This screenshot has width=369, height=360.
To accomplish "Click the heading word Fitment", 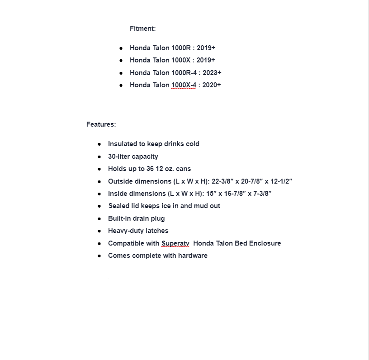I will [x=142, y=28].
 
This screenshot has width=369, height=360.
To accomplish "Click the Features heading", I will [x=101, y=124].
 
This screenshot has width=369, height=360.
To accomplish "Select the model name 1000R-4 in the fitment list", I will [x=184, y=72].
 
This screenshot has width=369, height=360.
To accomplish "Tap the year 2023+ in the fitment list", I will [x=212, y=72].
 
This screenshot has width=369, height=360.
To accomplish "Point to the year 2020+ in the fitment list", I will [x=212, y=85].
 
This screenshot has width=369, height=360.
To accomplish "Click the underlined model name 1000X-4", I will [x=184, y=85].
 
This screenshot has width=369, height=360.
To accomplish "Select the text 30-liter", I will [x=119, y=156].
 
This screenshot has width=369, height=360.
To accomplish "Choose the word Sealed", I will [x=119, y=206].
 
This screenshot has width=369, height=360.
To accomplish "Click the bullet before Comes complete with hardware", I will [x=99, y=256].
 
